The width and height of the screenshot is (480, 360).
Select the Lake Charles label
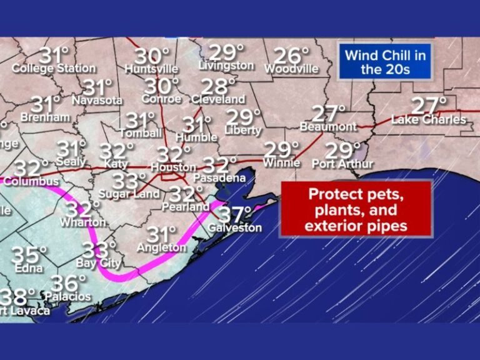click(x=429, y=119)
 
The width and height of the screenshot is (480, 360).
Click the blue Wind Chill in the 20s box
click(x=385, y=62)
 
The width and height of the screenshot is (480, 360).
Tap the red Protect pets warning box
click(x=356, y=209)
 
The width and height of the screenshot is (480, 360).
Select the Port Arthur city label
click(x=342, y=164)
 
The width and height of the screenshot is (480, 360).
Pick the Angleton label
click(x=162, y=247)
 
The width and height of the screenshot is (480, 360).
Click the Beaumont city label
click(x=328, y=127)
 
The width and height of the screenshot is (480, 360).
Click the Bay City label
click(x=98, y=263)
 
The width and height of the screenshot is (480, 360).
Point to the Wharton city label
click(x=82, y=222)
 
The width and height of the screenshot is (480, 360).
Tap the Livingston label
click(x=226, y=66)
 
